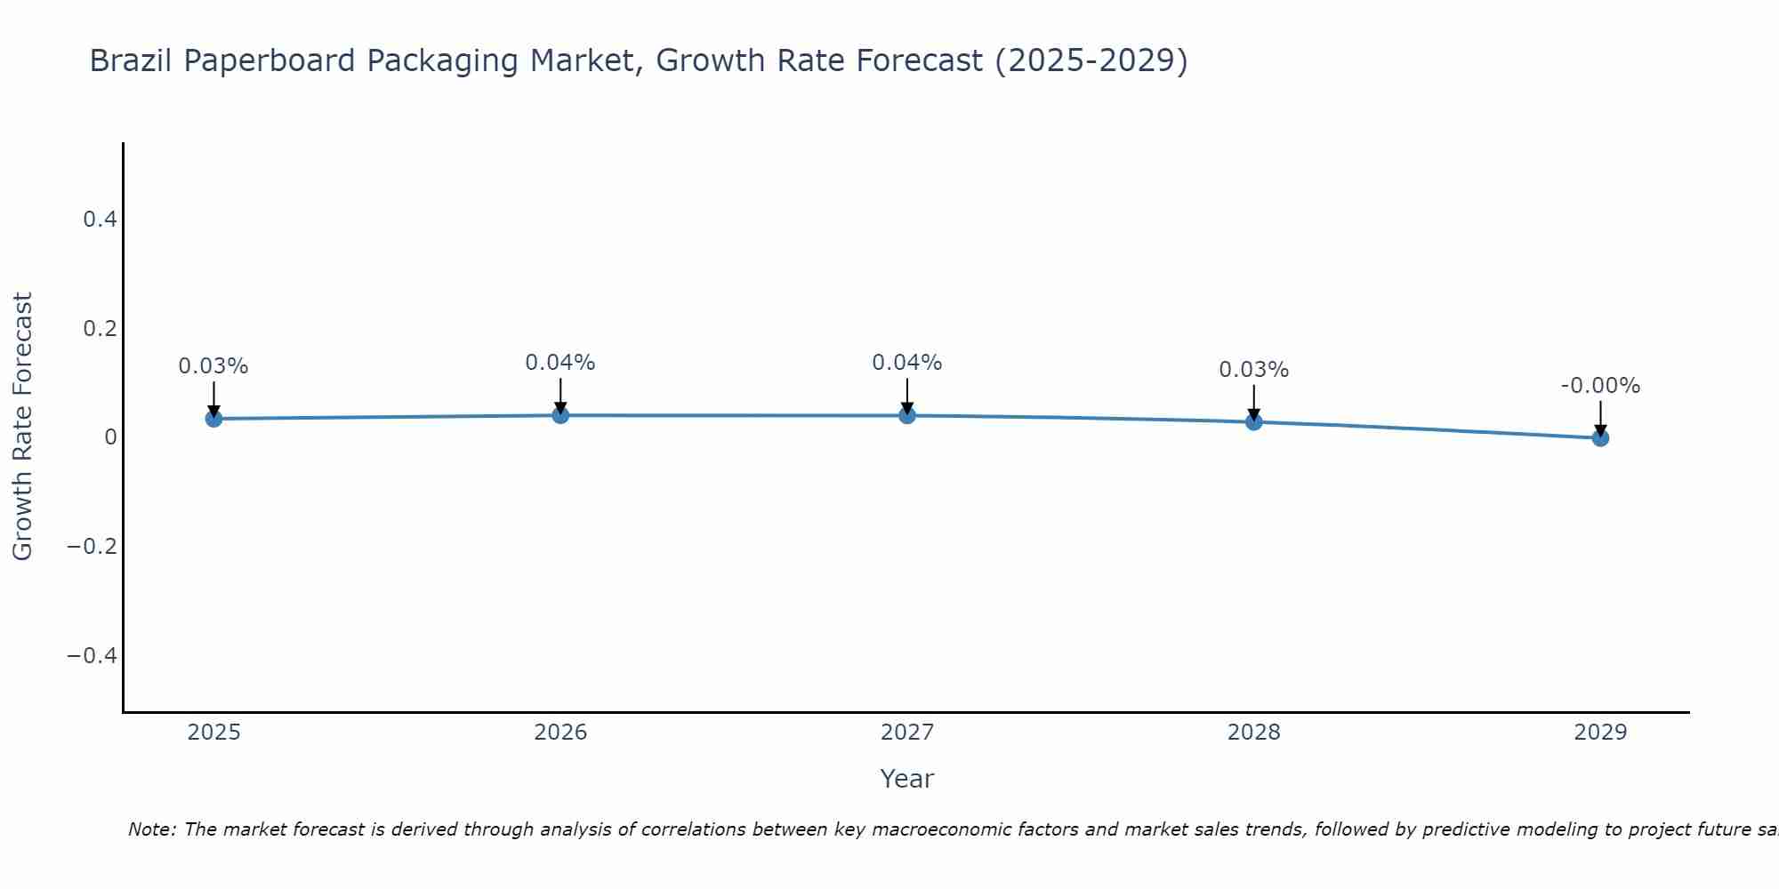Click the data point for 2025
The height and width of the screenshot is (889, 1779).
pos(213,419)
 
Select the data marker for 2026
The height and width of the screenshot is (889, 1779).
pos(560,415)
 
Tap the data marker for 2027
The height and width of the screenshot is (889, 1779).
pos(907,415)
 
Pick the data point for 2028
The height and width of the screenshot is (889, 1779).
pos(1254,421)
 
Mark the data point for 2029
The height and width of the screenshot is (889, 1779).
pos(1600,437)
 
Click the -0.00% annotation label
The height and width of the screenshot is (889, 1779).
pos(1600,386)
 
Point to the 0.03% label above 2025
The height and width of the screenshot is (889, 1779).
pos(213,366)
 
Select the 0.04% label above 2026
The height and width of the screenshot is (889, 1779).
pos(560,363)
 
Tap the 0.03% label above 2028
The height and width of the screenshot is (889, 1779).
pos(1254,370)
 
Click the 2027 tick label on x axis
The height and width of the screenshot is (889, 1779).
pos(907,733)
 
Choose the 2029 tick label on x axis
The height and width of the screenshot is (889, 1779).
pos(1600,733)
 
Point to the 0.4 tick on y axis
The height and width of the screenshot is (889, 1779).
pos(101,219)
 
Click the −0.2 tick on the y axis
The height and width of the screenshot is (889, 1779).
pos(93,546)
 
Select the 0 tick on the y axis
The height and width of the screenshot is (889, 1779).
pos(110,437)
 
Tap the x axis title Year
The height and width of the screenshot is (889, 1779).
pos(907,779)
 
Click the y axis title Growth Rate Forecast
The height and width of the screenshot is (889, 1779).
pos(22,427)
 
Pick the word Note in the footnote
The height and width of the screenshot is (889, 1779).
pos(151,829)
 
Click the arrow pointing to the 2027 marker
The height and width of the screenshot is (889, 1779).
pos(907,396)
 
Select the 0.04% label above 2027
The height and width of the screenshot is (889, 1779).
pos(907,363)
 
